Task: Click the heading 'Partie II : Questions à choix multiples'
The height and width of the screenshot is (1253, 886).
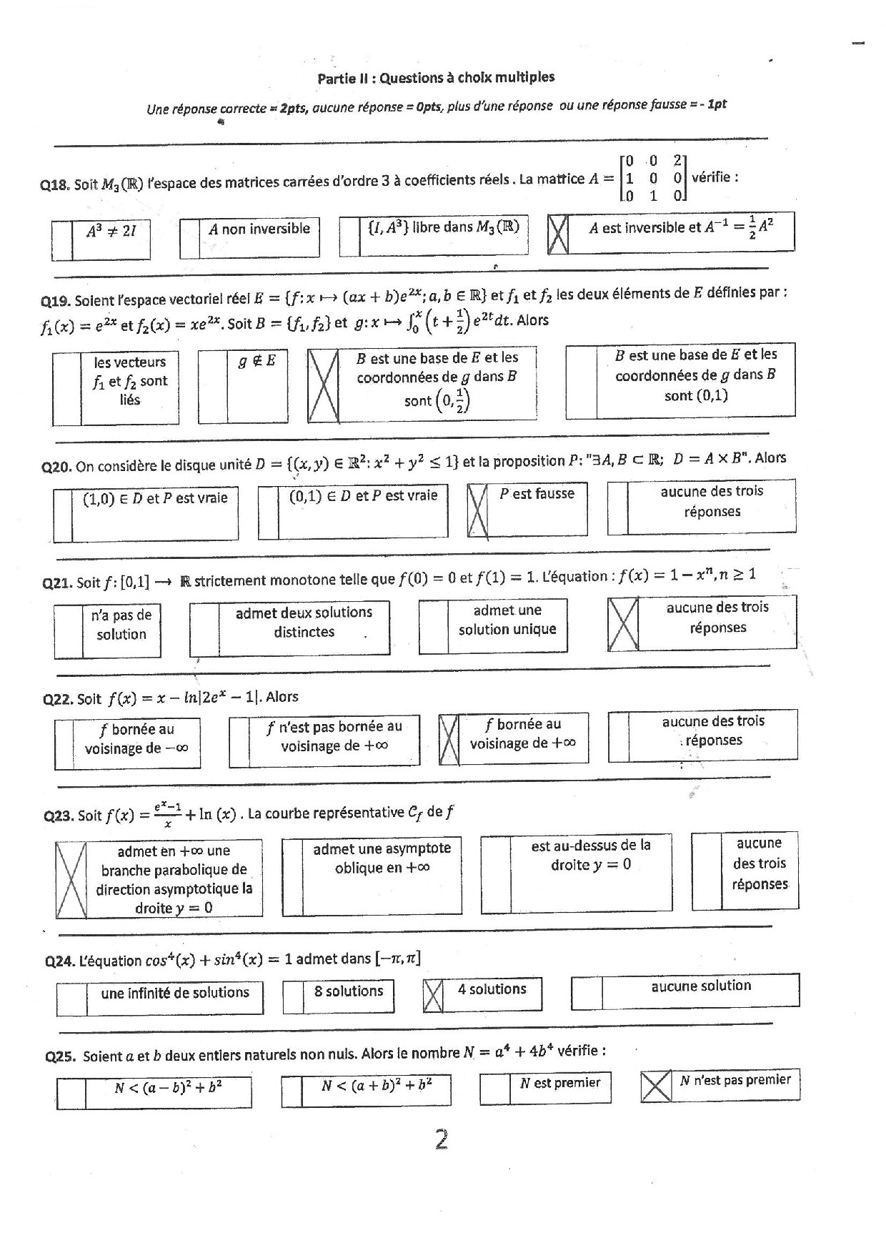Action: [x=436, y=78]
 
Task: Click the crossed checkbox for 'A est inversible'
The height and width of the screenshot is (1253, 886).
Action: [x=558, y=234]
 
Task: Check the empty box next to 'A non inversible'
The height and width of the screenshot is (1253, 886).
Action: [x=189, y=238]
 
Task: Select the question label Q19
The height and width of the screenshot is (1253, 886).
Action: [x=57, y=301]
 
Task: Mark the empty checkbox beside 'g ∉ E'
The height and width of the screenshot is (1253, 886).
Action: [x=212, y=386]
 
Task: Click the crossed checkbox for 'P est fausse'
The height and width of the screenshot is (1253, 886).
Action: [x=477, y=510]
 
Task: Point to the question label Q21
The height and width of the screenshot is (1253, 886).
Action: [x=57, y=583]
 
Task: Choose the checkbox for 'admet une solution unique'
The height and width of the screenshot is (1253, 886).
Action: [x=433, y=626]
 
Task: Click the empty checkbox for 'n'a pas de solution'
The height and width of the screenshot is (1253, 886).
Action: [x=69, y=632]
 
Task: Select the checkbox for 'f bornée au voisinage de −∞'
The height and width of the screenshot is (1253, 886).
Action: [x=64, y=743]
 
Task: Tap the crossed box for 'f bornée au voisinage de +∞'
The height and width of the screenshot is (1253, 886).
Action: [x=449, y=740]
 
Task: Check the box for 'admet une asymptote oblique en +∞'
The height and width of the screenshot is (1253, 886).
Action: [x=292, y=876]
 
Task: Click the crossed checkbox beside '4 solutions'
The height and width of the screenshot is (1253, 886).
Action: [x=433, y=995]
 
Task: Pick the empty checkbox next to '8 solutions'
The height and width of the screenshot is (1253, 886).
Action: [x=294, y=998]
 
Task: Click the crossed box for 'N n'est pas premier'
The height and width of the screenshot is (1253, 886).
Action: [x=656, y=1086]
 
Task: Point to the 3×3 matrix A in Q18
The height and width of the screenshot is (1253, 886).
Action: [x=652, y=178]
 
